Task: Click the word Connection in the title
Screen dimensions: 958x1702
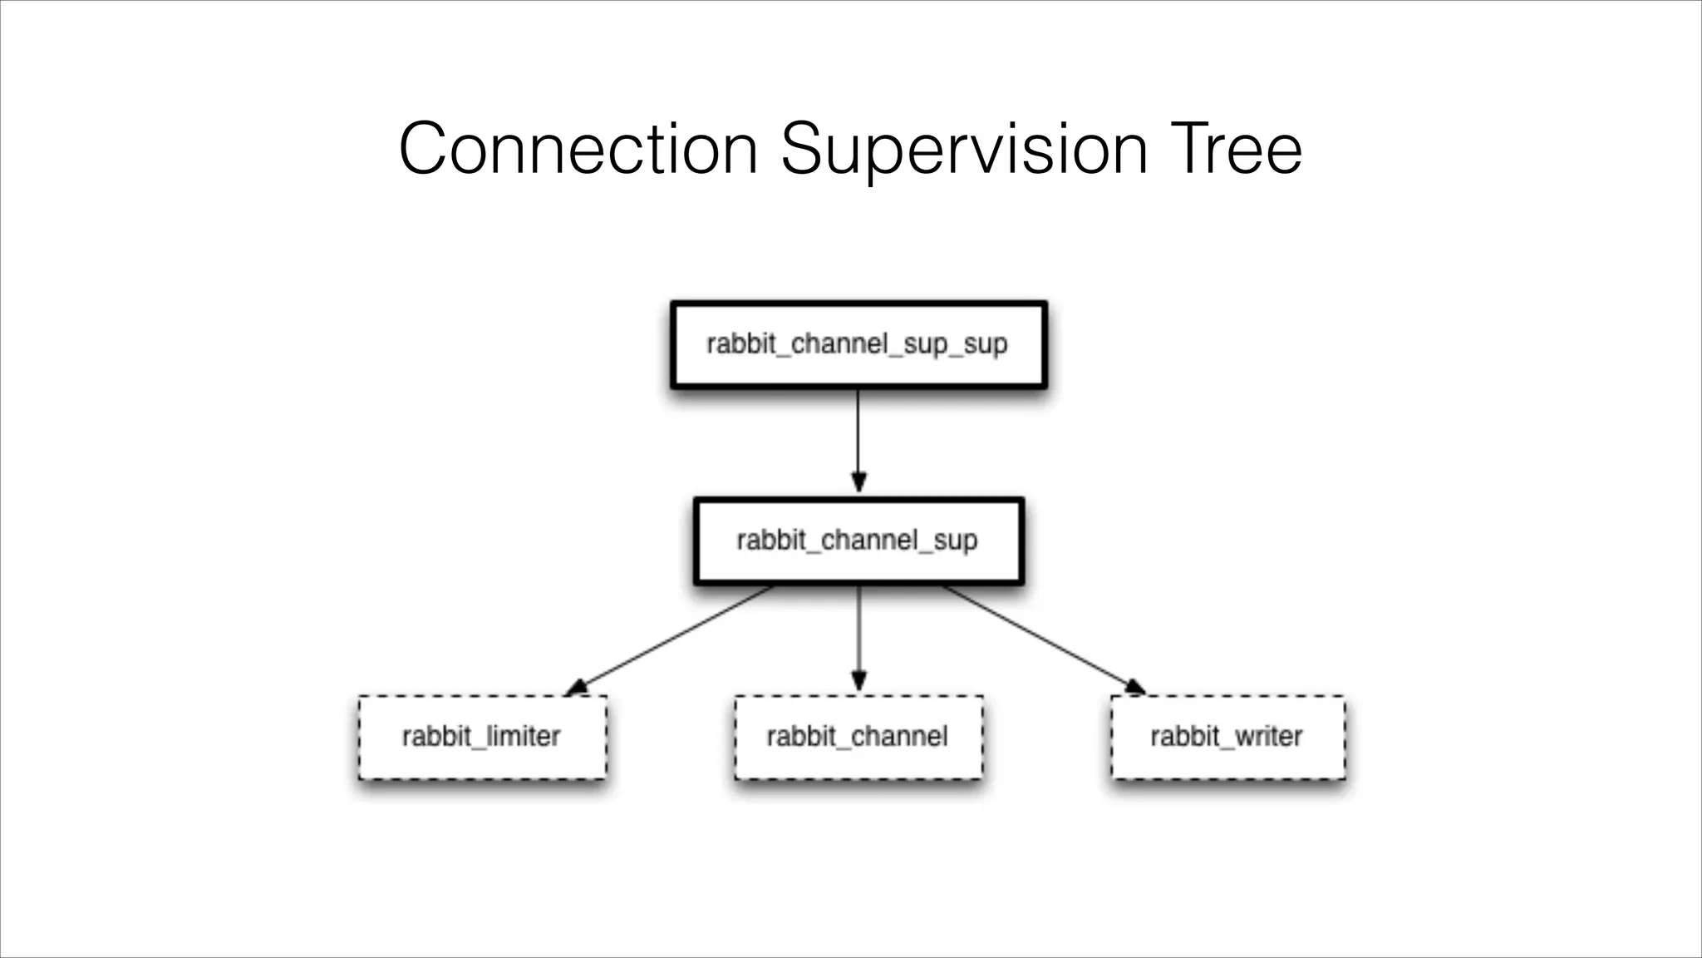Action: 578,150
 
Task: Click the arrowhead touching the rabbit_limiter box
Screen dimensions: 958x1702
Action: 576,688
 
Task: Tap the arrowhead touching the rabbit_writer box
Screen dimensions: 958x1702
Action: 1135,687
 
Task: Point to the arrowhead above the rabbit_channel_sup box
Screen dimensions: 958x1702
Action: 858,482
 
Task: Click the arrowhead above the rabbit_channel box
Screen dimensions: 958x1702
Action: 858,681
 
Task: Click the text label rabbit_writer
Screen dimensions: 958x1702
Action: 1226,736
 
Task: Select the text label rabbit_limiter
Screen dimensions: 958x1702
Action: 481,736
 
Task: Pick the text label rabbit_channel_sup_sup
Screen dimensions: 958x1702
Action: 857,343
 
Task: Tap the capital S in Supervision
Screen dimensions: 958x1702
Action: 803,150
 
